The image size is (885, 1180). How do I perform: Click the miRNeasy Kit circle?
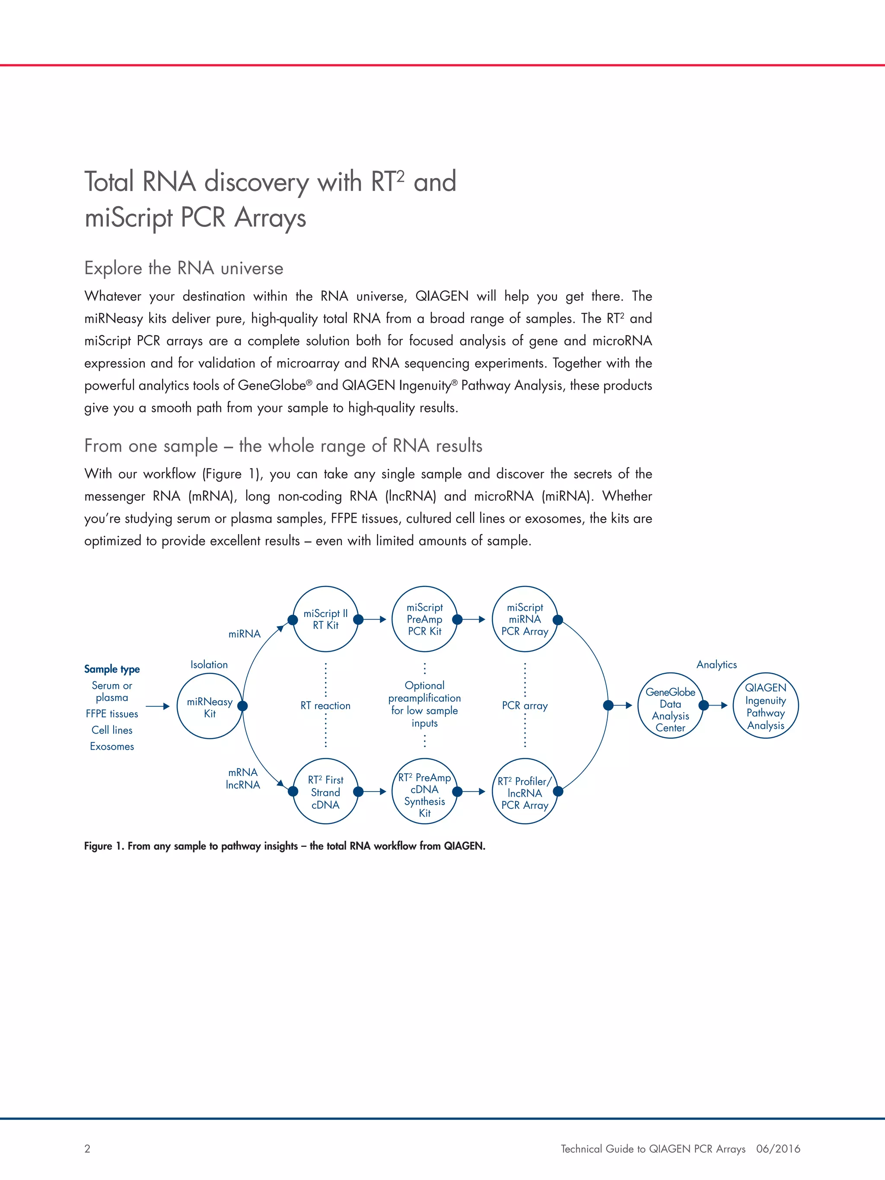(210, 706)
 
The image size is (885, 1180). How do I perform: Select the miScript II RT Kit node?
(325, 619)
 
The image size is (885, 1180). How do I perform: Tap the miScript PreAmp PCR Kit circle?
(425, 619)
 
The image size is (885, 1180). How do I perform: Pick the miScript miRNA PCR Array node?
(525, 619)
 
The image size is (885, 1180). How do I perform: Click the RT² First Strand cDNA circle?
(325, 792)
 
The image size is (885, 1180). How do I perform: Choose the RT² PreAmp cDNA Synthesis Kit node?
(425, 792)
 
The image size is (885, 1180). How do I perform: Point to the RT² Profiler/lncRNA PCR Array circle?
(525, 792)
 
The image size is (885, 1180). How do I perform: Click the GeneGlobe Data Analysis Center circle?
(671, 706)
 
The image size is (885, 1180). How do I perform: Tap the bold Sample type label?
(112, 669)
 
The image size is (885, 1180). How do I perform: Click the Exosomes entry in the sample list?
(112, 746)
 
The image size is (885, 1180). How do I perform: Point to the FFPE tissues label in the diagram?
(112, 714)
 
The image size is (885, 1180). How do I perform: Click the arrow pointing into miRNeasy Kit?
(158, 706)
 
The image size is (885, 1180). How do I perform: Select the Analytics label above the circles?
(716, 665)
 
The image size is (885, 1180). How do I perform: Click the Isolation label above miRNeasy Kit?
(209, 665)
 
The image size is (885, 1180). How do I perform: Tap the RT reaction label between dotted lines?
(325, 706)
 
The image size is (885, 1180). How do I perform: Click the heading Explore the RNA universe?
(184, 268)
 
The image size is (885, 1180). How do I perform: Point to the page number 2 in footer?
(87, 1148)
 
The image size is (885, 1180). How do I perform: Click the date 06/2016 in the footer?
(778, 1148)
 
